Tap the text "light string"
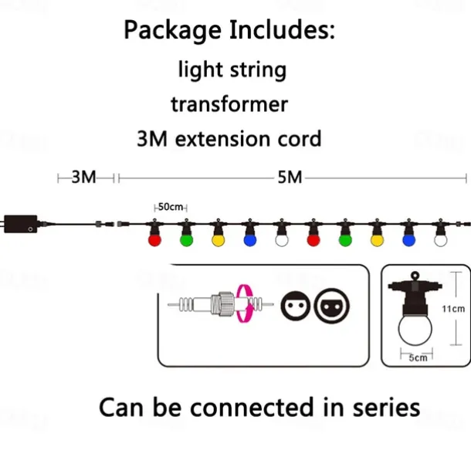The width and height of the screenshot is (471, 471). coord(232,69)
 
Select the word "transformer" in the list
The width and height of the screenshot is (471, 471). coord(230,104)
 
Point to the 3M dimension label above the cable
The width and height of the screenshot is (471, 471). coord(84,178)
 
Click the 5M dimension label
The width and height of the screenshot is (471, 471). coord(290,178)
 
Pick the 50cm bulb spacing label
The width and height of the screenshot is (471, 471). coord(171,207)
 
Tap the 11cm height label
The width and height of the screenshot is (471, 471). coord(453,309)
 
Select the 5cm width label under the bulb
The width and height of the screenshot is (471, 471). coord(418,357)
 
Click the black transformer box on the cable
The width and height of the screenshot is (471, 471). coord(21,223)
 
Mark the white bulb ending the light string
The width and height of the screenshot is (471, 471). coord(441,239)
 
